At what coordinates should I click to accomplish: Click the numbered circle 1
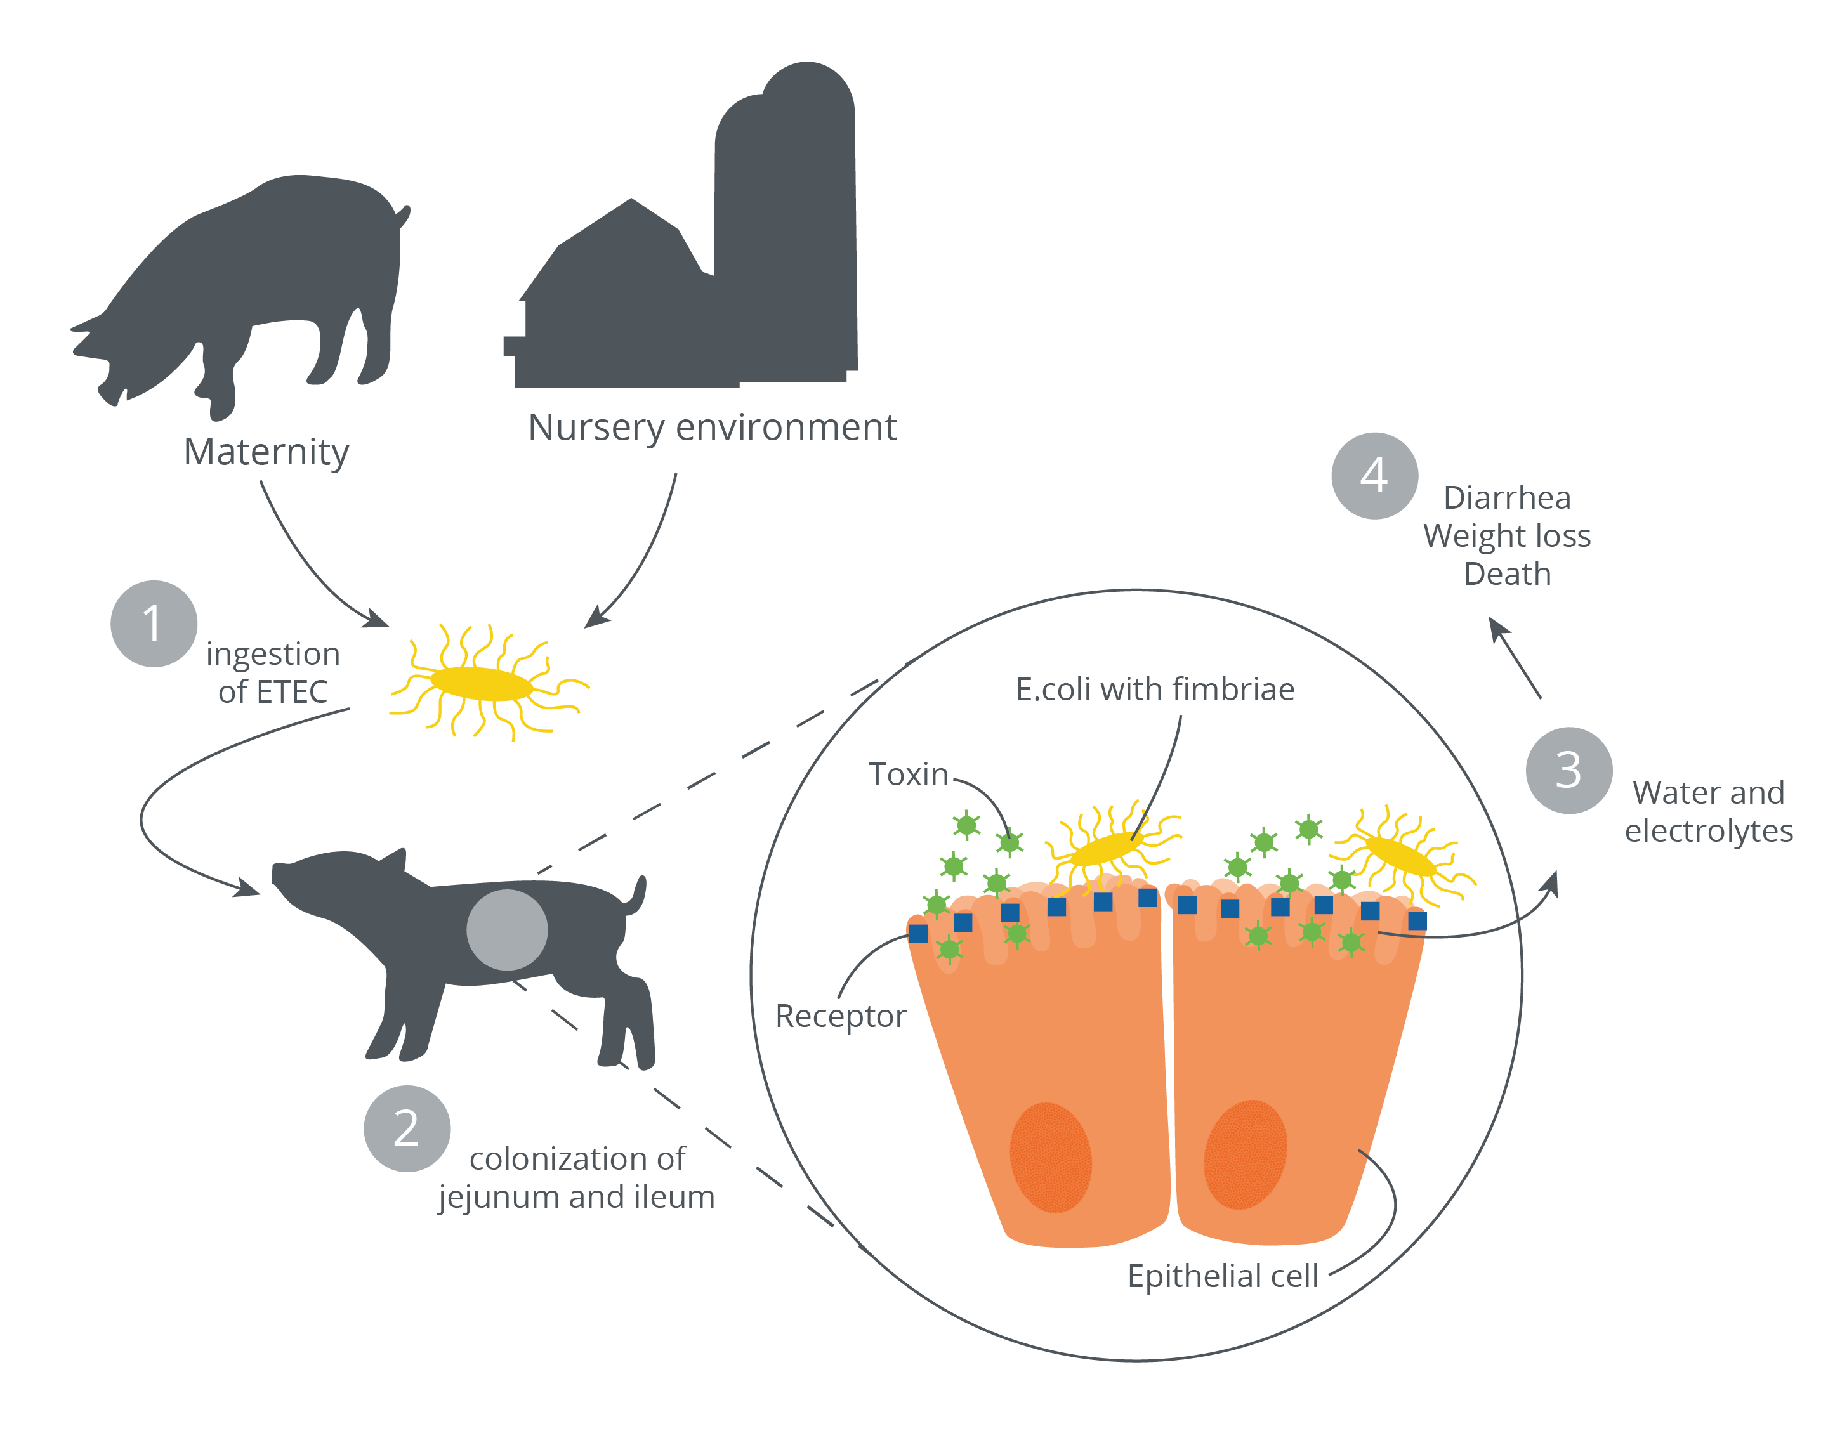pyautogui.click(x=154, y=624)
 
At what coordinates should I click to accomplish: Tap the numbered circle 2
pyautogui.click(x=407, y=1128)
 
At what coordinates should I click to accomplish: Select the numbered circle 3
pyautogui.click(x=1568, y=769)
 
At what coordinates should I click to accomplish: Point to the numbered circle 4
pyautogui.click(x=1374, y=476)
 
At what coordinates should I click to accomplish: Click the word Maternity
pyautogui.click(x=266, y=452)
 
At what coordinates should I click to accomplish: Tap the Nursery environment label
pyautogui.click(x=711, y=428)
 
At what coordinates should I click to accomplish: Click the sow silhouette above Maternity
pyautogui.click(x=253, y=286)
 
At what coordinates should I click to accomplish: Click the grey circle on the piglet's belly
pyautogui.click(x=507, y=929)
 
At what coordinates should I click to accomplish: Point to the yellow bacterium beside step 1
pyautogui.click(x=482, y=684)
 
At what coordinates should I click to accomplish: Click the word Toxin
pyautogui.click(x=908, y=775)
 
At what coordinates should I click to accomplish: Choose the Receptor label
pyautogui.click(x=840, y=1016)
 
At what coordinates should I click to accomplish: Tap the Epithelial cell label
pyautogui.click(x=1223, y=1276)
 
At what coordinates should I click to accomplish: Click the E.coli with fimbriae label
pyautogui.click(x=1154, y=690)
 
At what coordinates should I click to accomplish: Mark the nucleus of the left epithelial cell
pyautogui.click(x=1050, y=1158)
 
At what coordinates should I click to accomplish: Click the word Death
pyautogui.click(x=1506, y=574)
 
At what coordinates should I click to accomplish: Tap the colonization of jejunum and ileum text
pyautogui.click(x=577, y=1178)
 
